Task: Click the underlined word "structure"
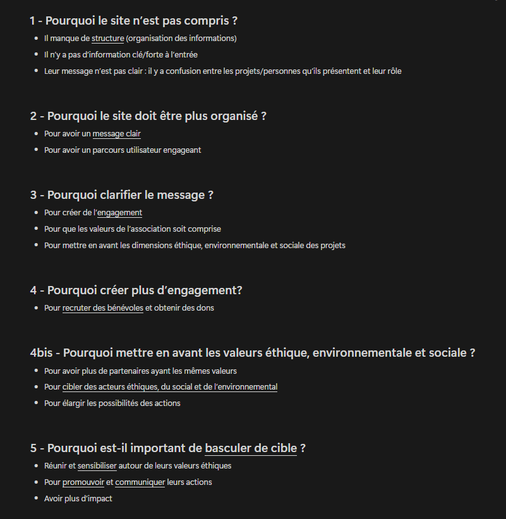(x=107, y=39)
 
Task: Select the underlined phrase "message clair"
(x=116, y=134)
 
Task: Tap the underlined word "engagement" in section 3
(x=119, y=213)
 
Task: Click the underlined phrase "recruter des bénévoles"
(x=103, y=308)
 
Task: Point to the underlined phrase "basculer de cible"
(x=251, y=448)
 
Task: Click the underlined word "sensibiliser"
(x=97, y=466)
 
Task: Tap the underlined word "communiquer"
(x=140, y=482)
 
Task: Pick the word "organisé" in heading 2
(x=234, y=116)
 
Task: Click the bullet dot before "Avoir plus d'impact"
(x=37, y=499)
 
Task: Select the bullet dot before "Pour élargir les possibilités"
(x=37, y=403)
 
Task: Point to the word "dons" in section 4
(x=205, y=308)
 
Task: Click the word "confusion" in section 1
(x=193, y=71)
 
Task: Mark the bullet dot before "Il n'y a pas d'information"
(x=37, y=55)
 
